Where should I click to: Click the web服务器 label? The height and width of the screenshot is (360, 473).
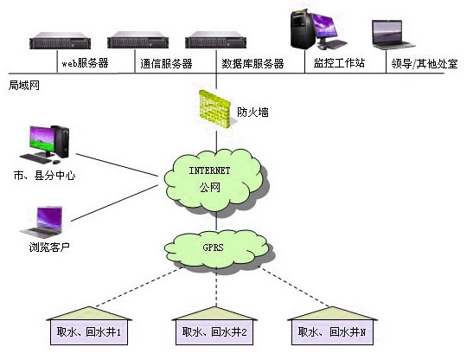click(85, 63)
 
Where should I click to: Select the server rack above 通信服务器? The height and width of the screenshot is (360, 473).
click(137, 40)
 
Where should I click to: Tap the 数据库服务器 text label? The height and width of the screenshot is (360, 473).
click(252, 64)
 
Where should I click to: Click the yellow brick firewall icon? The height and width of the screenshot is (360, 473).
click(214, 109)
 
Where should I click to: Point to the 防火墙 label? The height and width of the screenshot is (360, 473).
click(252, 112)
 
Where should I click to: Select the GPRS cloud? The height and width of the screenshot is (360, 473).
click(216, 249)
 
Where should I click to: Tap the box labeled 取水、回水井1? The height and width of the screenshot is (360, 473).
click(89, 332)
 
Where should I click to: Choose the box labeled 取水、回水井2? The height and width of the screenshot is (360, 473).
click(214, 332)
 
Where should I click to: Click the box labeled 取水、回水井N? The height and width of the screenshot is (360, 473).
click(332, 332)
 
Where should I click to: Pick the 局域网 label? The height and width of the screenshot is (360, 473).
click(24, 85)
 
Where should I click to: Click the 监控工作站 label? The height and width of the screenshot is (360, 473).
click(339, 63)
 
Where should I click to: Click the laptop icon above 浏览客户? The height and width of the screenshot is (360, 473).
click(42, 222)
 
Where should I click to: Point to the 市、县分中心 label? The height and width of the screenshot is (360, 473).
click(45, 175)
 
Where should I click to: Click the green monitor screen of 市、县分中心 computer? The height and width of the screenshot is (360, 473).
click(42, 139)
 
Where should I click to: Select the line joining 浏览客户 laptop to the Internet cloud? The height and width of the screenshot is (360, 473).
click(114, 203)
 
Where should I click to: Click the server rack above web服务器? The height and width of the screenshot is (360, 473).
click(60, 40)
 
